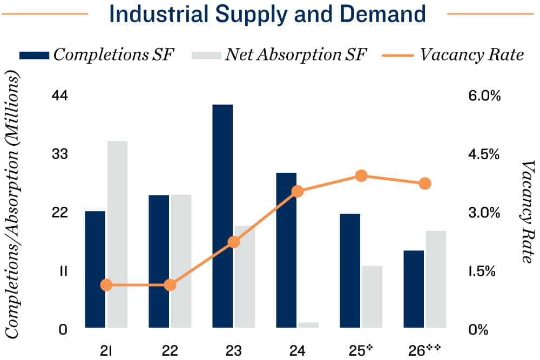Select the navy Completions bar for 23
(222, 216)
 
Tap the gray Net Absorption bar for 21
(117, 234)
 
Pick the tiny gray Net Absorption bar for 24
(308, 325)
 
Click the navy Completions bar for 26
(414, 289)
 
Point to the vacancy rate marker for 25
(361, 175)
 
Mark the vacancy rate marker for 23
(234, 242)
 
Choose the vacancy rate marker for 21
(106, 285)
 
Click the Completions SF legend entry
(97, 55)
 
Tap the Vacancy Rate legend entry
(454, 55)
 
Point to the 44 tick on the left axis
(59, 96)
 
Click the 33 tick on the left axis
(59, 154)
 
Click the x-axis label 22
(170, 350)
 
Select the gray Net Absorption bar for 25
(372, 296)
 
